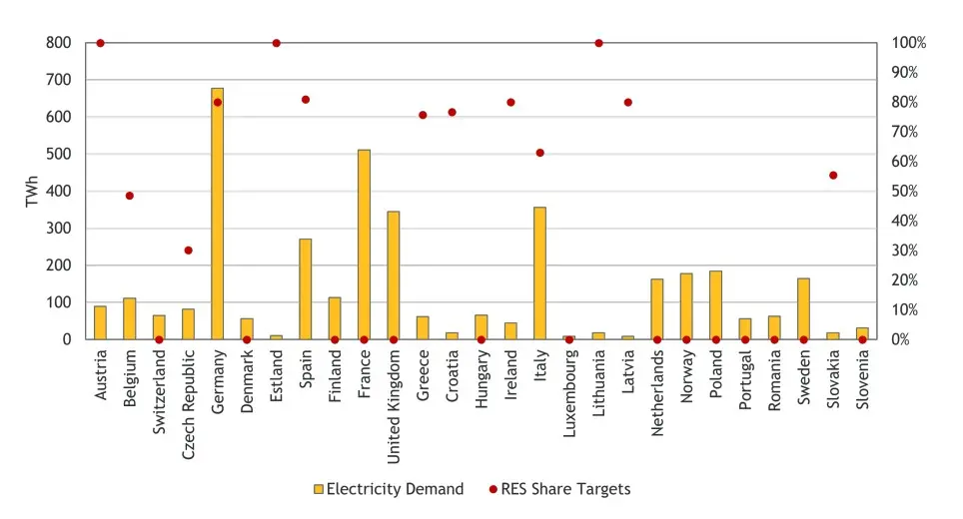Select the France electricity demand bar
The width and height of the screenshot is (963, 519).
tap(364, 245)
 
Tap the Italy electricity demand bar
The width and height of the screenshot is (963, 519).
tap(539, 273)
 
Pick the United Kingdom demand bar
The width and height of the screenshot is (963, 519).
tap(393, 275)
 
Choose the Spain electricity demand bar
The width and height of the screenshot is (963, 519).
tap(305, 289)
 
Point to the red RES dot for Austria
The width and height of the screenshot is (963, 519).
tap(100, 43)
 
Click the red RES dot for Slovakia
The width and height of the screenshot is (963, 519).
tap(833, 175)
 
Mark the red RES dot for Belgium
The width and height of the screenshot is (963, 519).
tap(129, 196)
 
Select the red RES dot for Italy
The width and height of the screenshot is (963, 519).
tap(539, 153)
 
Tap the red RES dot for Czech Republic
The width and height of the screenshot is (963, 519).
tap(188, 251)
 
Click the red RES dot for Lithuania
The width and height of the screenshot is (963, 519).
tap(598, 43)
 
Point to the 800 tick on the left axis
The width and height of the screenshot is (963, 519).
tap(59, 43)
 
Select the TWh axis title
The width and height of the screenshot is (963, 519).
tap(31, 192)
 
